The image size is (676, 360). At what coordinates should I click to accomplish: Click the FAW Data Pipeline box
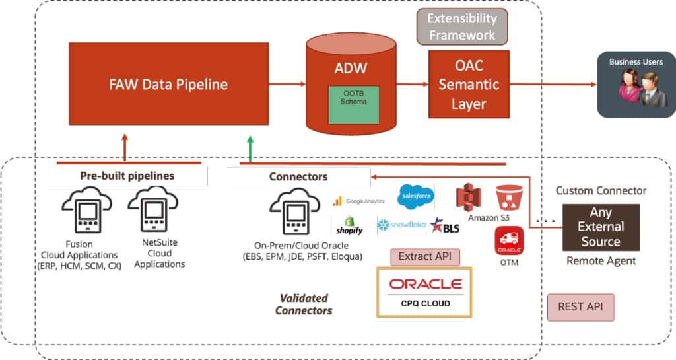(168, 85)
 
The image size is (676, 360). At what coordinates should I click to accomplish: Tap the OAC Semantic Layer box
(469, 85)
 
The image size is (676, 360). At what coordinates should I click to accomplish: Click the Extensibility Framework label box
(461, 26)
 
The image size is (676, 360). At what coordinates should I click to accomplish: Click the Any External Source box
(601, 227)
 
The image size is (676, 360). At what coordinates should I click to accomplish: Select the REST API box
(580, 307)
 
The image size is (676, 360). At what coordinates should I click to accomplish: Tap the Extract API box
(424, 256)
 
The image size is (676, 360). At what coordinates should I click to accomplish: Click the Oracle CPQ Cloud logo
(425, 292)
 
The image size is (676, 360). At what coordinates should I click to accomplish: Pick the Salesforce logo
(415, 196)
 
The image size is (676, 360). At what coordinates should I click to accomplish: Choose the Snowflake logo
(401, 225)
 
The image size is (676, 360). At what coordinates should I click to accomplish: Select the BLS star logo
(444, 226)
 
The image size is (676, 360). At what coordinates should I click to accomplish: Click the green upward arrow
(250, 148)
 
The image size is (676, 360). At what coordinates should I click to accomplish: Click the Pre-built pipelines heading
(127, 176)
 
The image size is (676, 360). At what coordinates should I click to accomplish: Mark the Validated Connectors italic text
(304, 304)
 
